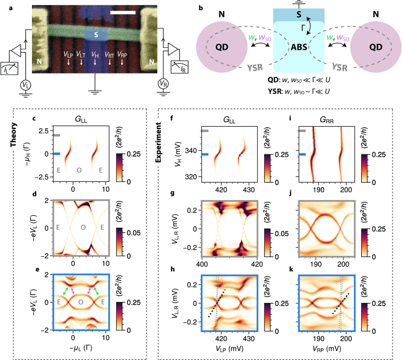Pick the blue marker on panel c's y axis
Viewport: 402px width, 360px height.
pos(57,154)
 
